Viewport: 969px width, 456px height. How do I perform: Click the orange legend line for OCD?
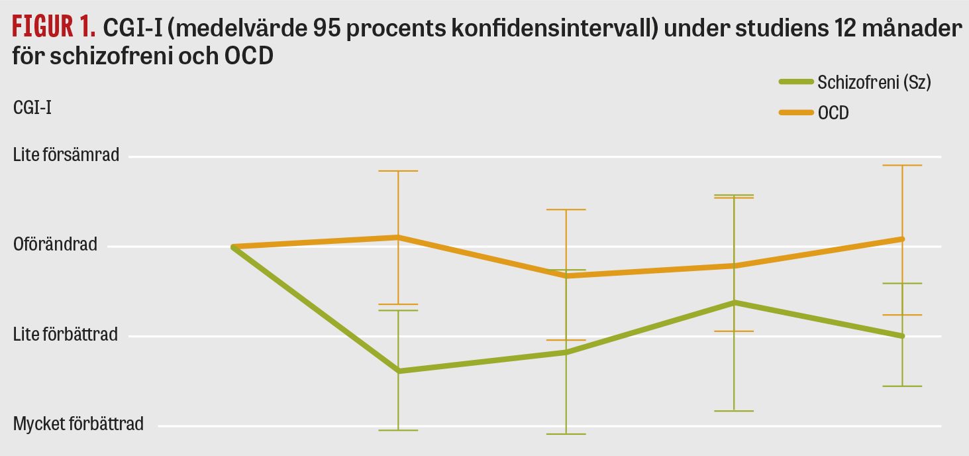coord(795,113)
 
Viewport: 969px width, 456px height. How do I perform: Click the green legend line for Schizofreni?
coord(795,82)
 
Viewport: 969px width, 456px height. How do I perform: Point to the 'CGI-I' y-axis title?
coord(32,107)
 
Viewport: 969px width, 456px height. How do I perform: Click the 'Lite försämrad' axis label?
coord(66,156)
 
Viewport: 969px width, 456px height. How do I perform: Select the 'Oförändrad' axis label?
coord(55,245)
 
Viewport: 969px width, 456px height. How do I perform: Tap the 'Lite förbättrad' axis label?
coord(66,335)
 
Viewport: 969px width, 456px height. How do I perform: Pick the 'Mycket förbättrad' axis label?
coord(78,424)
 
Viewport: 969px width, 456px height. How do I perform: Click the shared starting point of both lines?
coord(232,247)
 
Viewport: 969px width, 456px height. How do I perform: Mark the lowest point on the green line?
coord(398,371)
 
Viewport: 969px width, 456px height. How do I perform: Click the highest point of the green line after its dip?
coord(734,302)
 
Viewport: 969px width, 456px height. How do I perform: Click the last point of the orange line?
coord(902,239)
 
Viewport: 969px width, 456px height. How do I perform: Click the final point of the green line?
coord(902,336)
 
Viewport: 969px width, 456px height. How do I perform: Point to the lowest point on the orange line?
coord(566,276)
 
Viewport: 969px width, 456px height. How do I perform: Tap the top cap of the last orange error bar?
coord(902,165)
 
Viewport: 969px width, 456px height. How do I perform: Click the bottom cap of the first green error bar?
coord(398,430)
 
